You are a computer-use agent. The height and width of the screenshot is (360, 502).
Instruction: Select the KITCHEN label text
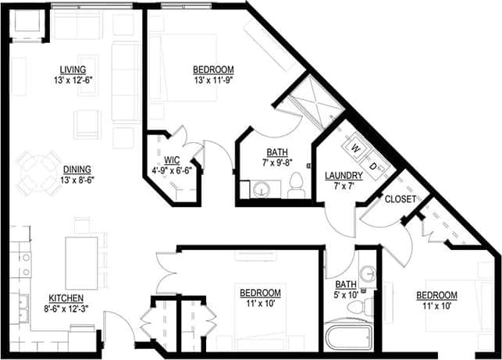[67, 298]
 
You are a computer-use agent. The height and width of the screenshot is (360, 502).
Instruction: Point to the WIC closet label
[172, 161]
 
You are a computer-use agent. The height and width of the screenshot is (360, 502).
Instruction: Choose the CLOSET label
[399, 199]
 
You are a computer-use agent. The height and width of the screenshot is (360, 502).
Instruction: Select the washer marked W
[356, 147]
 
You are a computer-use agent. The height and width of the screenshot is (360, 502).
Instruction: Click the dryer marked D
[374, 166]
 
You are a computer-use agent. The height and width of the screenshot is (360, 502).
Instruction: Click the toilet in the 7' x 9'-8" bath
[296, 185]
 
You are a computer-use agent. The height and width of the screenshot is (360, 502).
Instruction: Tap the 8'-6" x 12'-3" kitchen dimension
[67, 308]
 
